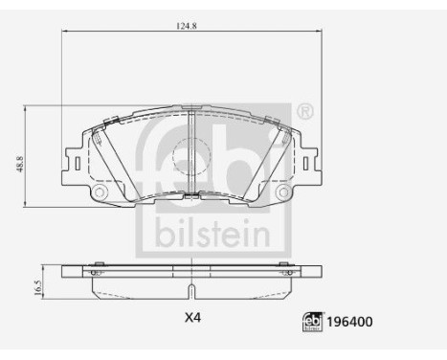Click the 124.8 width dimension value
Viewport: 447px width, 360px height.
187,25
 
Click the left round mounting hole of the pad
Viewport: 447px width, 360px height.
99,194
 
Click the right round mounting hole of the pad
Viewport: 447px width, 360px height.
281,194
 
